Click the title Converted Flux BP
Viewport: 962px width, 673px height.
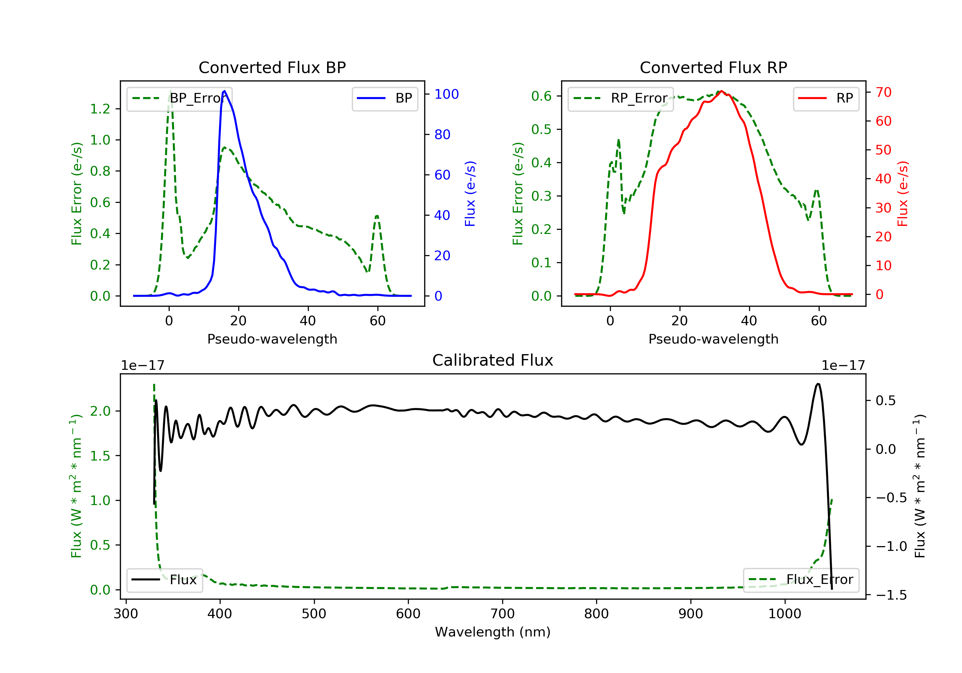(x=272, y=67)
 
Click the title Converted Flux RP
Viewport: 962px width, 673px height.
(x=713, y=67)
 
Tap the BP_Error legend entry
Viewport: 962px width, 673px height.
(x=179, y=98)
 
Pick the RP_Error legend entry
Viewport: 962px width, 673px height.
(x=620, y=98)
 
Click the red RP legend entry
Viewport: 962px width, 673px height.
(x=826, y=98)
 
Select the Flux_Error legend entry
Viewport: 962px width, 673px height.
(x=801, y=580)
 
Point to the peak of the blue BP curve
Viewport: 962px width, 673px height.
(x=224, y=91)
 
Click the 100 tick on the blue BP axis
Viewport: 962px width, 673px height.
(x=446, y=94)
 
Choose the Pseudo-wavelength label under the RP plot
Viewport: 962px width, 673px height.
(x=713, y=339)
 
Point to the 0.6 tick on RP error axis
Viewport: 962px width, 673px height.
(x=541, y=96)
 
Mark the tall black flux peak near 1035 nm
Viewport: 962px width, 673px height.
(x=818, y=384)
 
